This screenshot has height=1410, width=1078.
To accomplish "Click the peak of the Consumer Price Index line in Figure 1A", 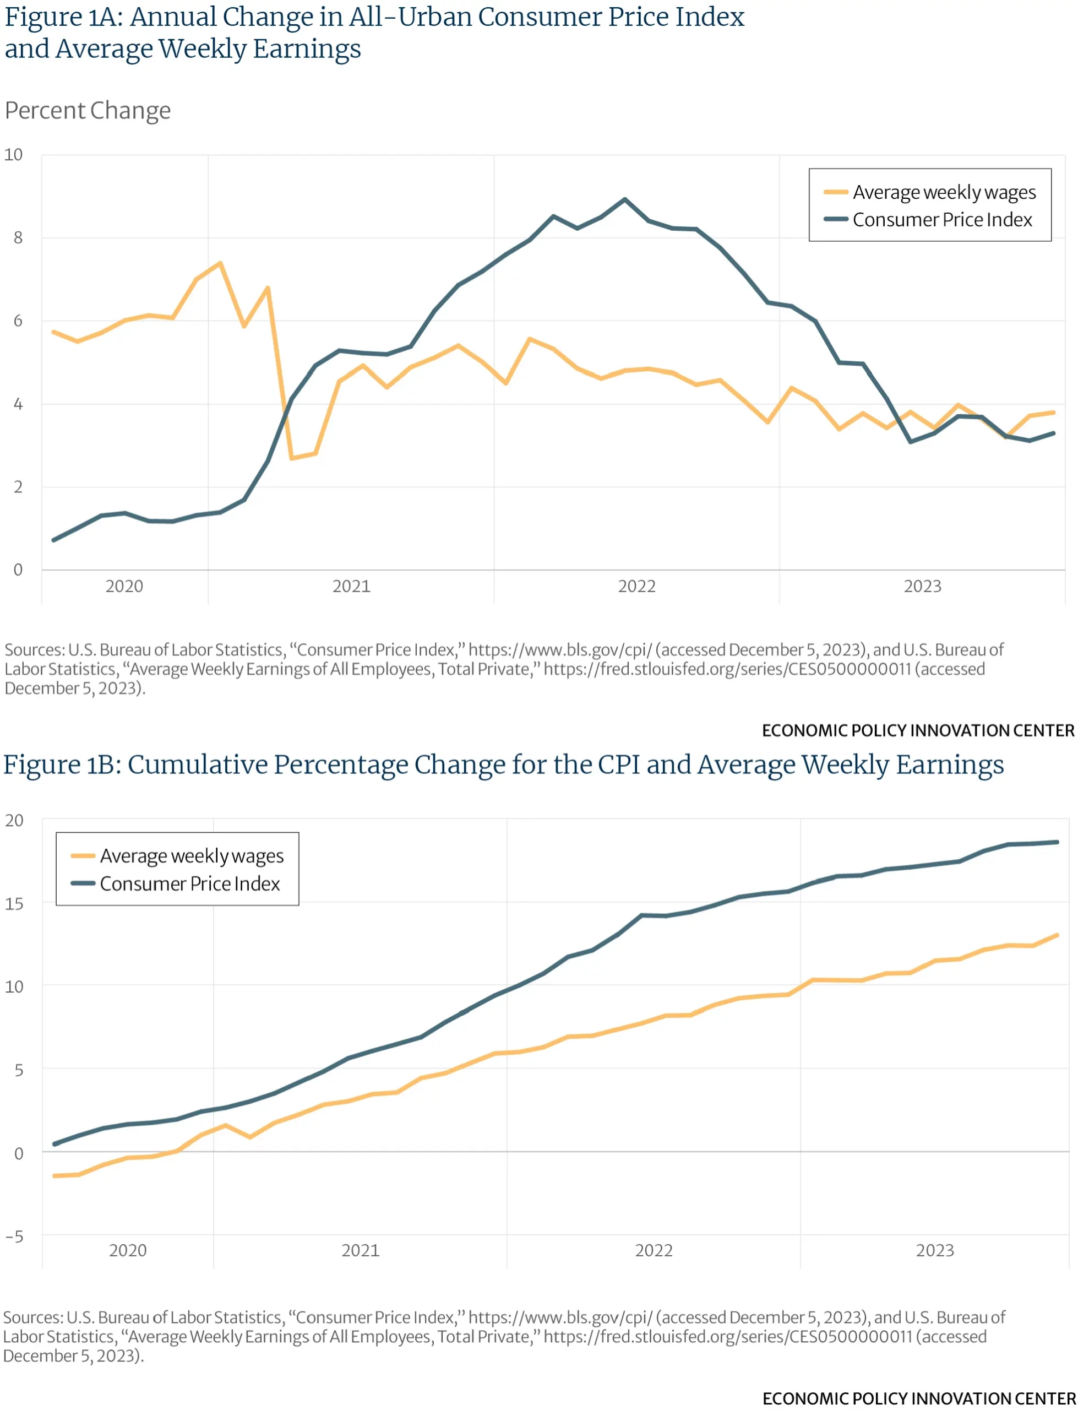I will (x=625, y=199).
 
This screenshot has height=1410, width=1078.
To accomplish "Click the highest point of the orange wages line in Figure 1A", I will (x=220, y=263).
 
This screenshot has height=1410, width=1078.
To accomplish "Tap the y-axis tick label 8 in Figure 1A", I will (x=18, y=238).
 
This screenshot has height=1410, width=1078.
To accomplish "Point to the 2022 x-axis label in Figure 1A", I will (x=636, y=587).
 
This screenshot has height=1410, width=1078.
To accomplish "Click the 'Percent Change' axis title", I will (x=88, y=110).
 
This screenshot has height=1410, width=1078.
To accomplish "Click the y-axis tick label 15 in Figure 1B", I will (x=14, y=904).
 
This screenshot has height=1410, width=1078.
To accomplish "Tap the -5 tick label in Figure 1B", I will (x=14, y=1237).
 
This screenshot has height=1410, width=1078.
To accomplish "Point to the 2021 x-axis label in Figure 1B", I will (x=360, y=1250).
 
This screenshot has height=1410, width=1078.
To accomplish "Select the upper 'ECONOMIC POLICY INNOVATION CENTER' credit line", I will (x=918, y=730).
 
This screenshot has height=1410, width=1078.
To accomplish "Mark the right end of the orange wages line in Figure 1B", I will (x=1057, y=936).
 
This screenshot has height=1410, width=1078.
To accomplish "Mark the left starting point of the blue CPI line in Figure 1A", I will (x=54, y=540).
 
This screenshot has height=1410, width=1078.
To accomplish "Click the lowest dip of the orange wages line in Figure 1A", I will (x=291, y=458).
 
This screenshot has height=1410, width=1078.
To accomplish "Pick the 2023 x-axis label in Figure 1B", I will (x=934, y=1250).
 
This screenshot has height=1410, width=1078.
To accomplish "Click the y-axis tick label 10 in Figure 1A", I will (x=13, y=155).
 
